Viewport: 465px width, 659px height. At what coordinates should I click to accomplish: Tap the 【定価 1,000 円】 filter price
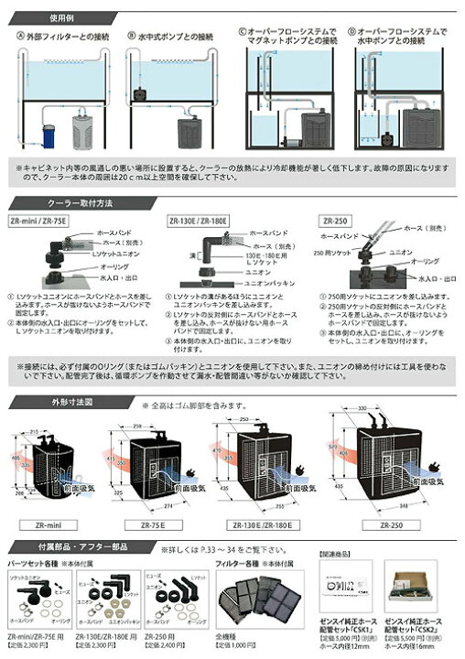tap(237, 652)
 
